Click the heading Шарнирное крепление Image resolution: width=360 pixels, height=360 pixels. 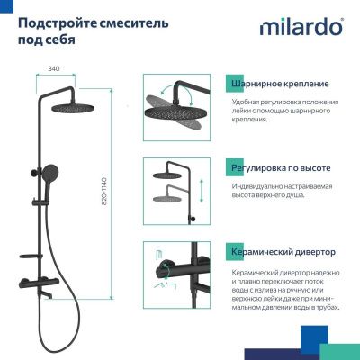tap(279, 85)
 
